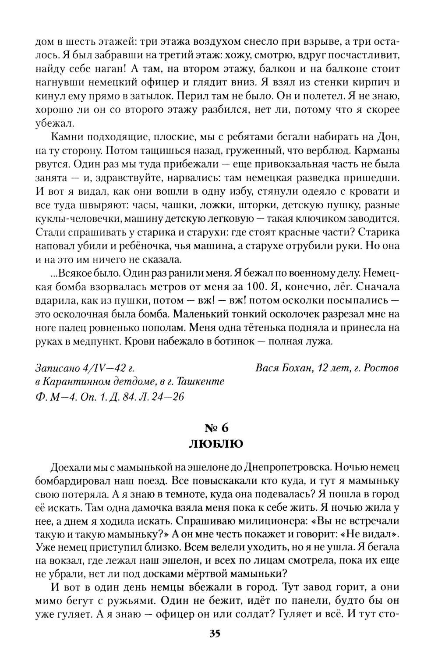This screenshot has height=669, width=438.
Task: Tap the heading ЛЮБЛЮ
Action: coord(215,444)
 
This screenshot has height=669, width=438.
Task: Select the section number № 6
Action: coord(216,428)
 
